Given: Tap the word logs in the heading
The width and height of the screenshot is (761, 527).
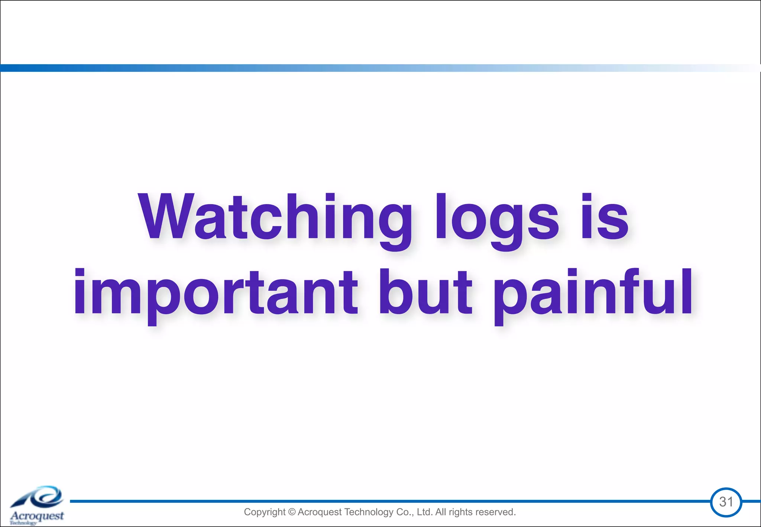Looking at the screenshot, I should pyautogui.click(x=497, y=219).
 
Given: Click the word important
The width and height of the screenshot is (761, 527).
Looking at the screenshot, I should pyautogui.click(x=216, y=294).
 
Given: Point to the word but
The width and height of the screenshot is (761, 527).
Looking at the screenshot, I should pyautogui.click(x=425, y=292).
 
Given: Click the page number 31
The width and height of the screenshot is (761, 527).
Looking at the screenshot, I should pyautogui.click(x=726, y=502).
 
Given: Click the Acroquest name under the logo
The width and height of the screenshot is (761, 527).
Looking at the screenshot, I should pyautogui.click(x=37, y=516).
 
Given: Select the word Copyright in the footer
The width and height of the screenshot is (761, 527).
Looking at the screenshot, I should pyautogui.click(x=265, y=512).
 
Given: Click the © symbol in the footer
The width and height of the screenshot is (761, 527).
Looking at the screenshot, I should pyautogui.click(x=292, y=512).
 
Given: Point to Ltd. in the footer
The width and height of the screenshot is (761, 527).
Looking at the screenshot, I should pyautogui.click(x=425, y=512).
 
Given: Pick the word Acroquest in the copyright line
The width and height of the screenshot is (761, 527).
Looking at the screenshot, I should pyautogui.click(x=319, y=512).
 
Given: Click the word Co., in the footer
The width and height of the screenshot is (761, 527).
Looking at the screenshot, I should pyautogui.click(x=405, y=512).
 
